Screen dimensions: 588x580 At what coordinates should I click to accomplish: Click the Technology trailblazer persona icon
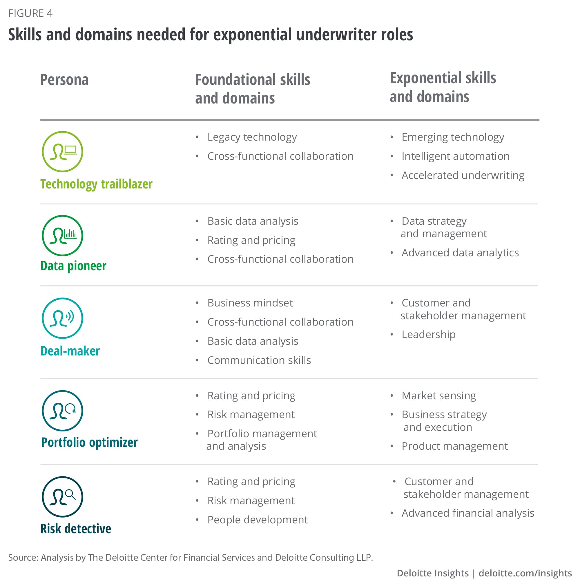62,152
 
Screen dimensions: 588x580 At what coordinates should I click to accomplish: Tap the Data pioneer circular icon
62,235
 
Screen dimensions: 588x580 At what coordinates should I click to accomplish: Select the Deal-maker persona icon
62,318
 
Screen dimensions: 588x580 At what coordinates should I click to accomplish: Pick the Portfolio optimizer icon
62,411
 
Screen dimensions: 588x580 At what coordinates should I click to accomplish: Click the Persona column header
64,80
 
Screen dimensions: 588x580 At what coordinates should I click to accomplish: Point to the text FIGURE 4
30,13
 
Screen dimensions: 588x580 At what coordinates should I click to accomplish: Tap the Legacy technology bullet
252,137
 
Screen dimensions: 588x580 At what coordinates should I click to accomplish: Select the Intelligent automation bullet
455,156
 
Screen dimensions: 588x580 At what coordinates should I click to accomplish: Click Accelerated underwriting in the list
463,175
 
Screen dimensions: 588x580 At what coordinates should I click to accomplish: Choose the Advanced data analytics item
460,253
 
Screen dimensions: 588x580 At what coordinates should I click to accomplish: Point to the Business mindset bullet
250,303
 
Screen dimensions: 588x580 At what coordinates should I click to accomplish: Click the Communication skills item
259,360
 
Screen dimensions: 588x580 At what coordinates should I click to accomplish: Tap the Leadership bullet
428,335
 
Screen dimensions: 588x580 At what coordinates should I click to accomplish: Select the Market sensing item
438,395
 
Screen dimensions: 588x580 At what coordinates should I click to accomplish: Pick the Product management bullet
454,446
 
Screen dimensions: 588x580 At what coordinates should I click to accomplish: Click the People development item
257,520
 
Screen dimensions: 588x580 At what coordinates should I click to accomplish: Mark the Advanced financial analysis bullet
468,513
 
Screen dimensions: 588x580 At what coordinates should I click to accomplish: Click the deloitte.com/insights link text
525,573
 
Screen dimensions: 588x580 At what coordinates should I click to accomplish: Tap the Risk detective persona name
76,529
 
